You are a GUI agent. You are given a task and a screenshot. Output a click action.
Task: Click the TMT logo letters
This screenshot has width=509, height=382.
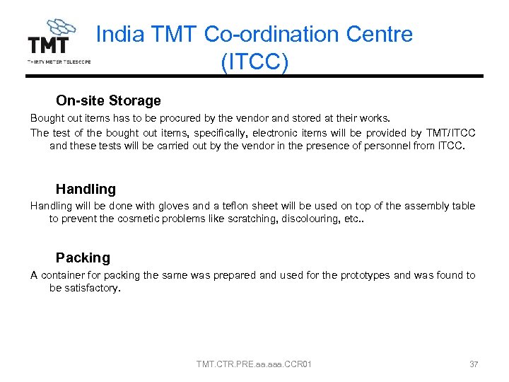pyautogui.click(x=48, y=45)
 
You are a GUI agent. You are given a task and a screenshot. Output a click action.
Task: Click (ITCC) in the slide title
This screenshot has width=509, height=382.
pyautogui.click(x=255, y=62)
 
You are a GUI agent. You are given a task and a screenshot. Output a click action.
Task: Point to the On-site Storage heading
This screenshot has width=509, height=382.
pyautogui.click(x=108, y=100)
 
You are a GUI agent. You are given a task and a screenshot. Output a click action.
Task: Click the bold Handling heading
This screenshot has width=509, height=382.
pyautogui.click(x=86, y=189)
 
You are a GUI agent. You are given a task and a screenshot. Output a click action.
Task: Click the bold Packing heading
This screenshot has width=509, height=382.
pyautogui.click(x=83, y=257)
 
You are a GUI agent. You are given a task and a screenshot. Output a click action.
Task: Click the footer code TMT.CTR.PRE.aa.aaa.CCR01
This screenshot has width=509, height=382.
pyautogui.click(x=255, y=364)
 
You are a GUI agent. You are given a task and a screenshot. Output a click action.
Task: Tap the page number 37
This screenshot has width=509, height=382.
pyautogui.click(x=474, y=364)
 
